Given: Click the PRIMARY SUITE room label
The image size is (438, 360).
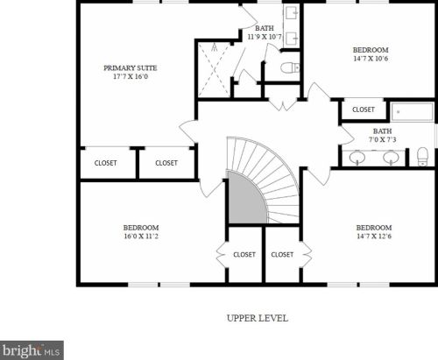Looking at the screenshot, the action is point(131,68).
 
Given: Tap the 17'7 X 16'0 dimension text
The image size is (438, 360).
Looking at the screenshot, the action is point(131,76).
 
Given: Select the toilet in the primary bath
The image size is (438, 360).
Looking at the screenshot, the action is point(290,68).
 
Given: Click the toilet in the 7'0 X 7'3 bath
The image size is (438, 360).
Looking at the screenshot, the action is point(422,157).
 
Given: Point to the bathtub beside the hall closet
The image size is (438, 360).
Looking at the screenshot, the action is point(412,111).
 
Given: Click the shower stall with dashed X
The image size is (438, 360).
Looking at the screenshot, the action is point(214,70).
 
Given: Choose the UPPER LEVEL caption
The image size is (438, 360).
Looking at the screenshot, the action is point(258,318).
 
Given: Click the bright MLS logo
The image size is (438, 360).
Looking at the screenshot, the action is point(32,350).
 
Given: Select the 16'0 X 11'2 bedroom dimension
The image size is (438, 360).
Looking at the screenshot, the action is point(141,236).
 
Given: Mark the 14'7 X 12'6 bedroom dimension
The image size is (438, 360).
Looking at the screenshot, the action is point(374,236).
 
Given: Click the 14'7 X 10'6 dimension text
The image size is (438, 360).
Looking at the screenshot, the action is point(371,59).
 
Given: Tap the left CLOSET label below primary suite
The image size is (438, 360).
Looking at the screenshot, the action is point(105,163).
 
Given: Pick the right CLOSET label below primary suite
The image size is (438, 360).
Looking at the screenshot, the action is point(166,163).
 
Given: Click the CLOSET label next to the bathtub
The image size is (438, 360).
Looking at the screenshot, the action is point(364,109).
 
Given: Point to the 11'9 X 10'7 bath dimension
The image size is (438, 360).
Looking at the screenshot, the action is point(265,37).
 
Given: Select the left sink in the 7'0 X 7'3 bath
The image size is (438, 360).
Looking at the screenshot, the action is point(357,158).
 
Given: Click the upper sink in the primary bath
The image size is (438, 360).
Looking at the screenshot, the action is point(292,13).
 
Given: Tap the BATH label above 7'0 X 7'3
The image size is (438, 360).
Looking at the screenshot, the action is point(382,131).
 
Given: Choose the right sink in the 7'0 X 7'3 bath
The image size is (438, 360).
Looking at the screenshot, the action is point(391,158).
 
